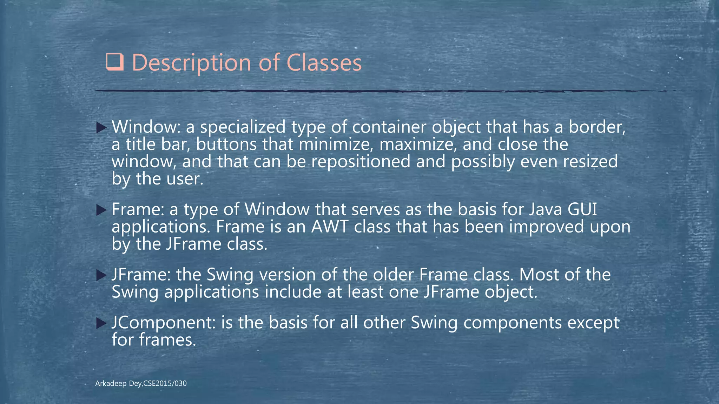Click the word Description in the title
(192, 63)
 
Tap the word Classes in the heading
(324, 63)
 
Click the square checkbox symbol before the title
(114, 63)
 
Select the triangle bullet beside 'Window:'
(101, 128)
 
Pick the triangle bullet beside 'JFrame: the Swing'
(101, 275)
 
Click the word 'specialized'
(243, 127)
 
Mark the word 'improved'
(546, 227)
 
